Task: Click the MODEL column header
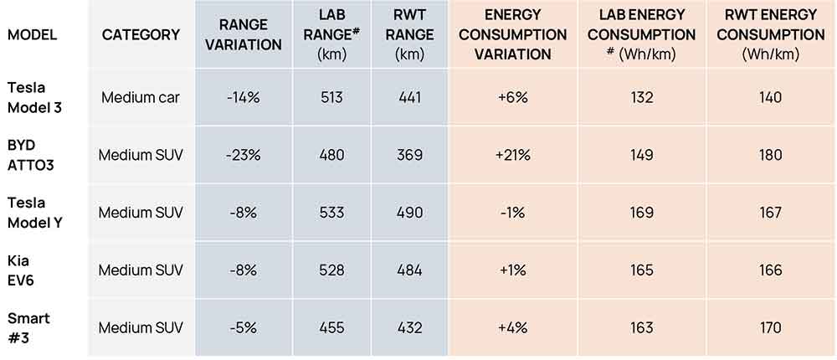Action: click(31, 35)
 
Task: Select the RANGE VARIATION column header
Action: click(243, 35)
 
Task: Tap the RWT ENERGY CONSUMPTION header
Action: click(770, 35)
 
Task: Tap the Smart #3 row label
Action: click(28, 327)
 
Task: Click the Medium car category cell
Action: click(141, 97)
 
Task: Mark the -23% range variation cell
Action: click(243, 155)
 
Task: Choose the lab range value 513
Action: click(331, 97)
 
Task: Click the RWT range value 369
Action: click(410, 155)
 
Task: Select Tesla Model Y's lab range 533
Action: click(331, 213)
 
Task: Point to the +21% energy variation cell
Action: click(512, 155)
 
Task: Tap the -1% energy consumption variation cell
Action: click(512, 213)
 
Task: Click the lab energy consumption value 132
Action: click(642, 97)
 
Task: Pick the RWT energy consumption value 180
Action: click(770, 155)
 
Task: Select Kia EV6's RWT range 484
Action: click(410, 270)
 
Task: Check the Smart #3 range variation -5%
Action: click(243, 327)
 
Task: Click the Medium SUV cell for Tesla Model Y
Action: click(141, 213)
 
